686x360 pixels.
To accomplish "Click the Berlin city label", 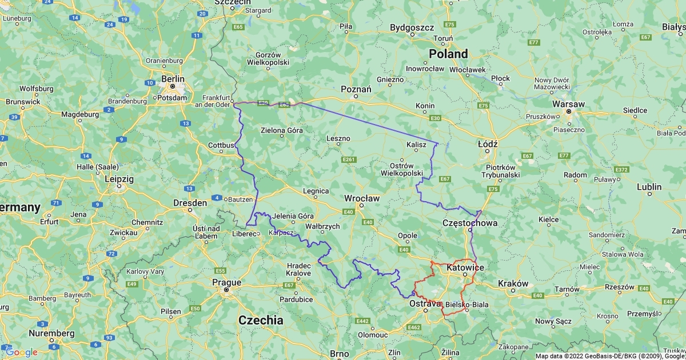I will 173,79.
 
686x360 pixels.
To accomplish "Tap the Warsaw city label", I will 568,105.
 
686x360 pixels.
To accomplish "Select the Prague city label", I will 226,282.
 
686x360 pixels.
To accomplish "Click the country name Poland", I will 448,54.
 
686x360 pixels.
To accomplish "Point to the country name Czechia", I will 261,320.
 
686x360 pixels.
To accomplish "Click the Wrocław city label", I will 361,198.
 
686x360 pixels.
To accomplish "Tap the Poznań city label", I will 356,89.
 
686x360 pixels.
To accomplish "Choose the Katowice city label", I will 465,267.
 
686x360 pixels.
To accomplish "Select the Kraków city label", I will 513,283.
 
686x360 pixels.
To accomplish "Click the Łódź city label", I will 488,144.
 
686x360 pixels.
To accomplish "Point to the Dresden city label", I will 190,203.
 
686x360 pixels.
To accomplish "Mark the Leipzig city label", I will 119,179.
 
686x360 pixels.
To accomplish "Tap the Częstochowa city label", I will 470,223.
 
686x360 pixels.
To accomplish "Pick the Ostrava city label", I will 425,303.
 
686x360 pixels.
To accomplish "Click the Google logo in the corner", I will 21,352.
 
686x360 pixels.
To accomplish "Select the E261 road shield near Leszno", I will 349,159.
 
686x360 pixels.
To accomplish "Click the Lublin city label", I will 649,187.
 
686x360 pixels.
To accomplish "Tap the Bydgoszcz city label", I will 412,27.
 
